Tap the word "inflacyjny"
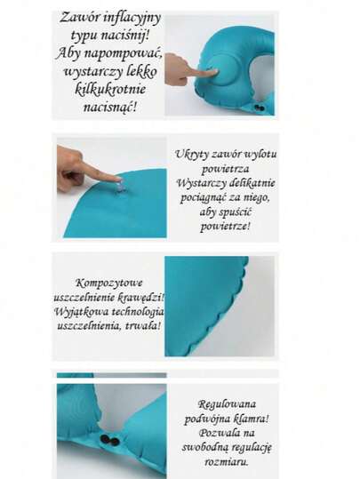coord(132,18)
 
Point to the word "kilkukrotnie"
coord(110,89)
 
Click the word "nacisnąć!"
coord(109,108)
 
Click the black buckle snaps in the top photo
coord(260,108)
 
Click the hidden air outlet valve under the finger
coord(120,187)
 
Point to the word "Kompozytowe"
coord(108,283)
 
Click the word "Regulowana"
coord(227,404)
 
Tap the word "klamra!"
coord(251,419)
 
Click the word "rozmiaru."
coord(226,461)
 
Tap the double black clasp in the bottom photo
coord(109,440)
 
